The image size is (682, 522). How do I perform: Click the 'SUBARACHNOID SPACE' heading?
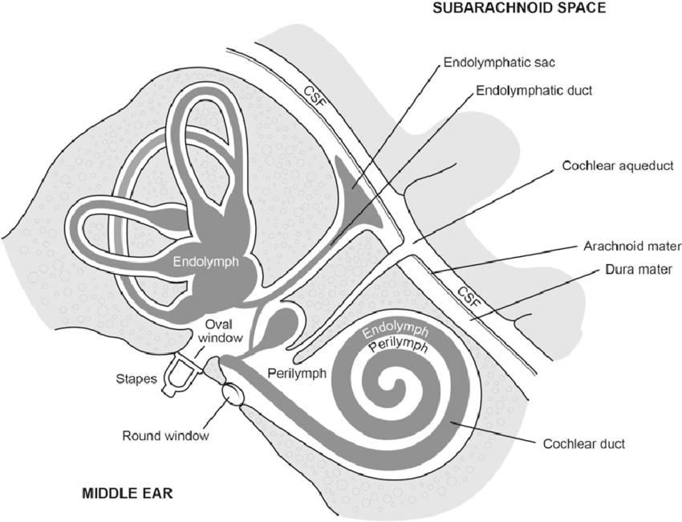[519, 8]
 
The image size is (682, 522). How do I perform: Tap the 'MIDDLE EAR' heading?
[128, 494]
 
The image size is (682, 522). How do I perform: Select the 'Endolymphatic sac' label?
[499, 63]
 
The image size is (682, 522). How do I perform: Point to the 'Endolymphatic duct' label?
[534, 91]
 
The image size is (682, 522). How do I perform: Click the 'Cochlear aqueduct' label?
[618, 165]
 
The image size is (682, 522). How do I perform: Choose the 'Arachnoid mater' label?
[632, 246]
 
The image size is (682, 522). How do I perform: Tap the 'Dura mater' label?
[639, 270]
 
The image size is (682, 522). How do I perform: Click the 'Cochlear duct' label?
[583, 444]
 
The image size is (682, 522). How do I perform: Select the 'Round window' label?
[166, 436]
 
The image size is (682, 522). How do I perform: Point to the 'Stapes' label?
[136, 379]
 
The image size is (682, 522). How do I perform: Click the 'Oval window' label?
[220, 331]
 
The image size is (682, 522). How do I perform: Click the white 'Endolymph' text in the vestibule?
[205, 262]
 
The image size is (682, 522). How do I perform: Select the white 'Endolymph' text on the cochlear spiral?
[396, 331]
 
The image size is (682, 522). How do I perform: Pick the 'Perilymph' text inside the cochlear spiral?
[398, 346]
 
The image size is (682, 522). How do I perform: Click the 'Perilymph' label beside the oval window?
[297, 373]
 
